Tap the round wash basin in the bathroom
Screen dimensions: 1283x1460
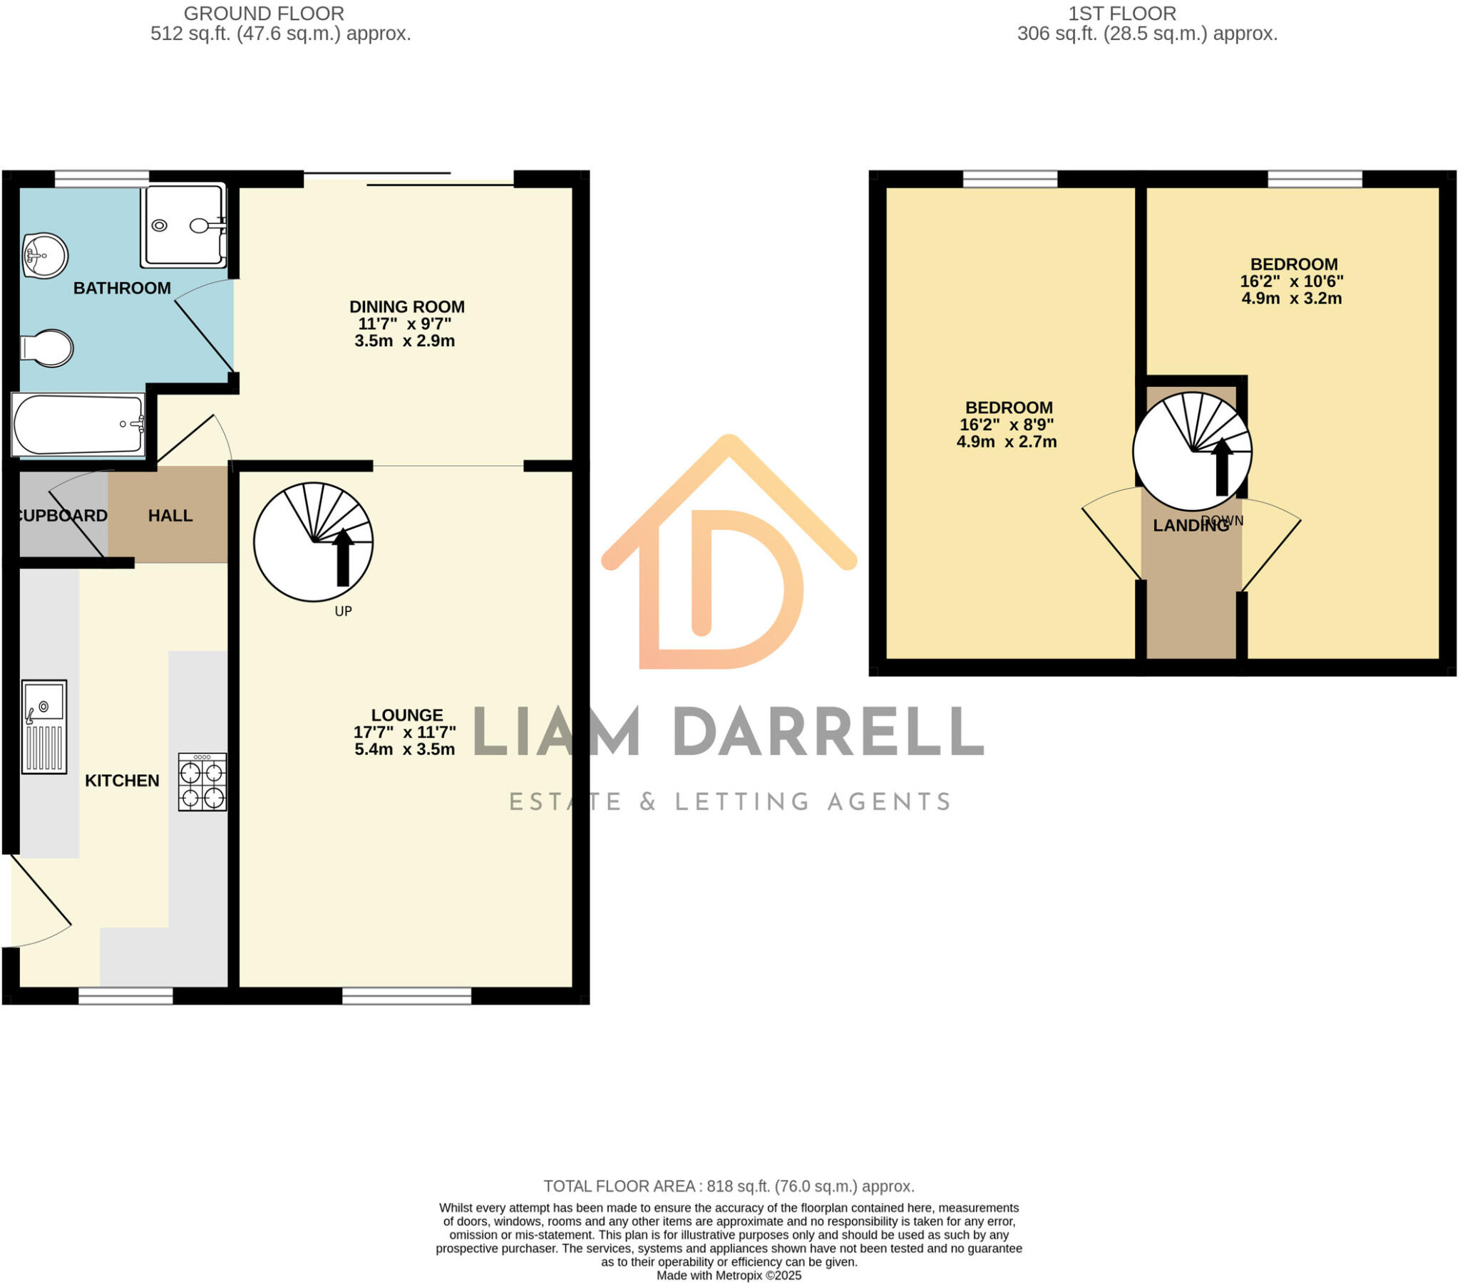(x=45, y=255)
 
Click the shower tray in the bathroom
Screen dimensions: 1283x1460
(x=184, y=226)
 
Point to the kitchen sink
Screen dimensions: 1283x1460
(x=44, y=726)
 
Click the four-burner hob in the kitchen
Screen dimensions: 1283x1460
(x=202, y=781)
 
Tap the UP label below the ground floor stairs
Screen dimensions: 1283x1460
(x=343, y=611)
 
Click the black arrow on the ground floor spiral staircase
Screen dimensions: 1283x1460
(x=343, y=557)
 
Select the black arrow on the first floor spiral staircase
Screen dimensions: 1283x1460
(x=1221, y=467)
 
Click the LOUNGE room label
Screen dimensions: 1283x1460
(x=407, y=715)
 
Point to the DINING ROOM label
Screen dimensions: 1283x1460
(x=406, y=306)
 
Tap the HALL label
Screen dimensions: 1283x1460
(x=170, y=516)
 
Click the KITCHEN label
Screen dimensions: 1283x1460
(x=122, y=780)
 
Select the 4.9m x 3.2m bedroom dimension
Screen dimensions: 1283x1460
(x=1292, y=298)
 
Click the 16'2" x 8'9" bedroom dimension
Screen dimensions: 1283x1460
(x=1007, y=425)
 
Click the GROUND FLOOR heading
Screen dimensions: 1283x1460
(x=264, y=14)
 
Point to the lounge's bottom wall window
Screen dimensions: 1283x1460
(x=406, y=996)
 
